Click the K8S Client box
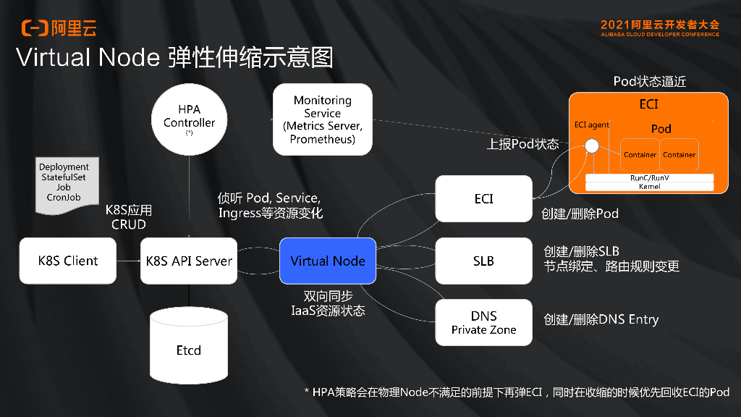pyautogui.click(x=67, y=261)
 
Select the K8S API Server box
pyautogui.click(x=189, y=261)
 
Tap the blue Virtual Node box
pyautogui.click(x=328, y=261)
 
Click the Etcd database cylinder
pyautogui.click(x=189, y=347)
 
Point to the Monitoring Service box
pyautogui.click(x=322, y=119)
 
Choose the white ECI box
pyautogui.click(x=483, y=198)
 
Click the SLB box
pyautogui.click(x=483, y=261)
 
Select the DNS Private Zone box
pyautogui.click(x=483, y=322)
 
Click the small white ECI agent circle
pyautogui.click(x=592, y=146)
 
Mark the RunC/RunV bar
pyautogui.click(x=649, y=177)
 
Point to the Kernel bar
pyautogui.click(x=649, y=187)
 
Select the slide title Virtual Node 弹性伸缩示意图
pyautogui.click(x=174, y=58)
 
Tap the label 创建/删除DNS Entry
pyautogui.click(x=601, y=319)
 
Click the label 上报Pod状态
pyautogui.click(x=522, y=144)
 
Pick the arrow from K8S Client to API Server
pyautogui.click(x=128, y=261)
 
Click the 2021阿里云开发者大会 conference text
pyautogui.click(x=660, y=25)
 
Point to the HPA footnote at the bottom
pyautogui.click(x=517, y=392)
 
